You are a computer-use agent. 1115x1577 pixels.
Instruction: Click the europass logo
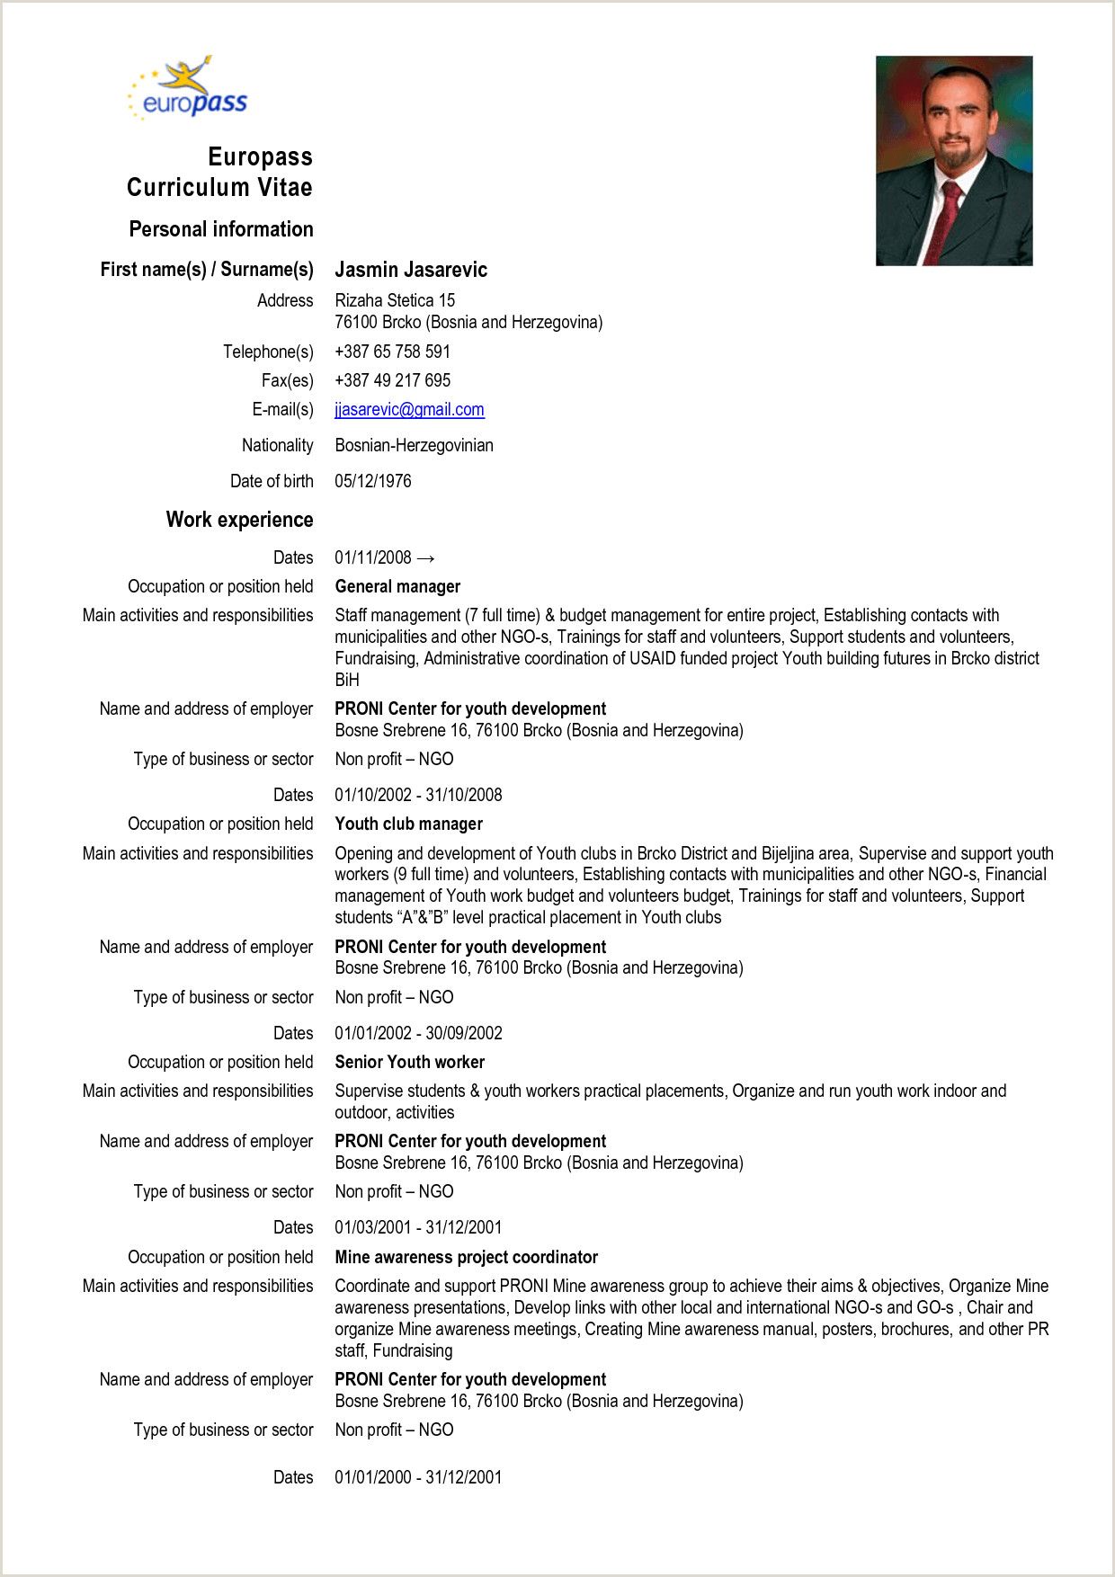click(x=187, y=90)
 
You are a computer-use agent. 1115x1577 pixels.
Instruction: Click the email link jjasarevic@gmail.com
click(x=409, y=410)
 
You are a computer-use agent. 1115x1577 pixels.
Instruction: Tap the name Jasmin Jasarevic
click(x=411, y=270)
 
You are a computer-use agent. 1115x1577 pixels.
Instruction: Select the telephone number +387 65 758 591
click(x=392, y=352)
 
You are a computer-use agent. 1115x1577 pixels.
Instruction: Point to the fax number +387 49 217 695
click(x=392, y=380)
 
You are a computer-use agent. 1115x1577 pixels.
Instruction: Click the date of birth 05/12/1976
click(x=373, y=481)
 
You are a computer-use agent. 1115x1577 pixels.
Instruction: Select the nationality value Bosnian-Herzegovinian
click(x=414, y=445)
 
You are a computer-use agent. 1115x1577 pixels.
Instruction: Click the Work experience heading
click(x=239, y=520)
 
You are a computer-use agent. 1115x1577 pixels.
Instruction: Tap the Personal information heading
click(x=220, y=229)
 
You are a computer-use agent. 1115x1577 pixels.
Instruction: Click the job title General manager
click(x=397, y=586)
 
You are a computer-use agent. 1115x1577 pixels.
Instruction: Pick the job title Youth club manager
click(x=408, y=824)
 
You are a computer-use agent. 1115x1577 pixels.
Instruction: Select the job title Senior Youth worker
click(x=409, y=1062)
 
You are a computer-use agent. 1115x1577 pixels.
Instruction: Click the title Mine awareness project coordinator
click(x=466, y=1257)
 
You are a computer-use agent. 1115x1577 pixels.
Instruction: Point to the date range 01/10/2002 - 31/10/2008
click(x=418, y=795)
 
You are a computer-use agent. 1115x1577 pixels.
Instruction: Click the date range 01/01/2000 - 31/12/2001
click(x=418, y=1477)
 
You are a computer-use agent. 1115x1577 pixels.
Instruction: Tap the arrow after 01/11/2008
click(x=426, y=558)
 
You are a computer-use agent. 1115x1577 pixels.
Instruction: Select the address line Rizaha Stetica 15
click(x=395, y=300)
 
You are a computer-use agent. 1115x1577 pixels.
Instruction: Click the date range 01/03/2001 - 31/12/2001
click(x=418, y=1227)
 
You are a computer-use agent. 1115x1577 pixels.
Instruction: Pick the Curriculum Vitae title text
click(x=219, y=187)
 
